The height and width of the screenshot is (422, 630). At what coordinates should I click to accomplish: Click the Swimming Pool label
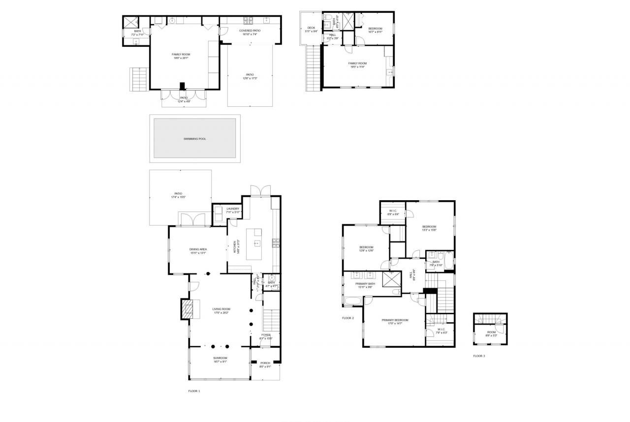194,139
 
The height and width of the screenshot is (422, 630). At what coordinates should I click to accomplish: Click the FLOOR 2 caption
348,318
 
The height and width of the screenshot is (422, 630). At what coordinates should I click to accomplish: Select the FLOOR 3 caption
479,356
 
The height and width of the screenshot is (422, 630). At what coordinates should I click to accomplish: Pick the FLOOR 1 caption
194,391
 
